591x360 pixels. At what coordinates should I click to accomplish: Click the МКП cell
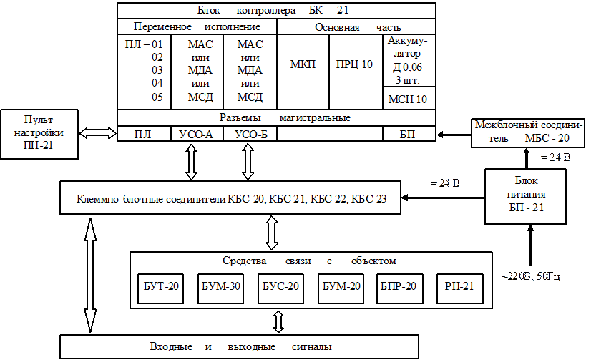tap(303, 64)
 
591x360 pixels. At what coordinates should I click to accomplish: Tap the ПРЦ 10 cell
tap(355, 64)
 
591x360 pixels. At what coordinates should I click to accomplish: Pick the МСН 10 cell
tap(407, 98)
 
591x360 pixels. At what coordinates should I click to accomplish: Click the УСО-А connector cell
tap(197, 135)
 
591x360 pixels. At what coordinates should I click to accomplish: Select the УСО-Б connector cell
tap(249, 135)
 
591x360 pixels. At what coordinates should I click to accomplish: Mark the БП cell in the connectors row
tap(409, 135)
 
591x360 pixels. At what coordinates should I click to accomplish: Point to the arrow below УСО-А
tap(191, 162)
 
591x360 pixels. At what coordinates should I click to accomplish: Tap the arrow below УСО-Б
tap(248, 162)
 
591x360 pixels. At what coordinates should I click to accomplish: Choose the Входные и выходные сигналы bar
tap(240, 346)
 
